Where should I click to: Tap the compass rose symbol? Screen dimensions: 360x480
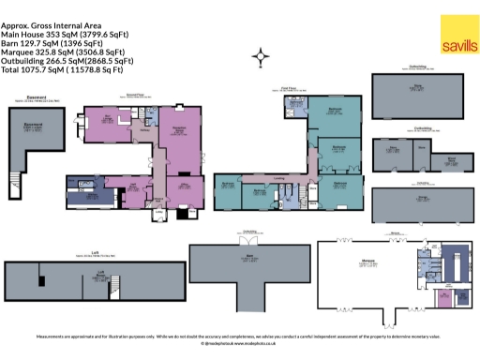260,59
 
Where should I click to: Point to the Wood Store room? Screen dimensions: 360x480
452,159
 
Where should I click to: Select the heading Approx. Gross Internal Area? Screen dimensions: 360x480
56,26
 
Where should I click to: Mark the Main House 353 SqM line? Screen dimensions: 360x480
66,35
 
